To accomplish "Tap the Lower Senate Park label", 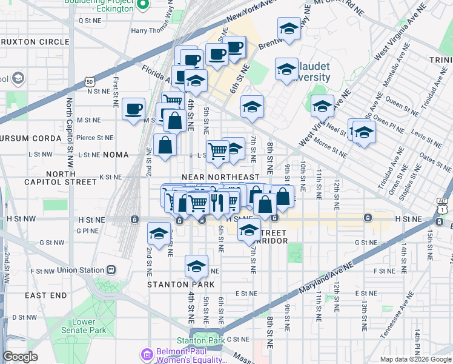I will click(83, 326).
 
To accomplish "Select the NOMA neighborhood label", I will click(116, 155).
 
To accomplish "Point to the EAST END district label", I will click(45, 295).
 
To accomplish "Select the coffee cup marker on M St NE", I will click(133, 110).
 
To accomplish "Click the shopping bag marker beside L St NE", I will click(165, 146).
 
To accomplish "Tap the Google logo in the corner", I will click(20, 357).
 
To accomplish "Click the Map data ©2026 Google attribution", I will click(415, 359).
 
